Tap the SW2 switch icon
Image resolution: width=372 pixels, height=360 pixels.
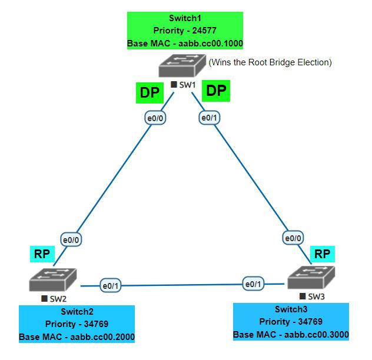[x=53, y=280]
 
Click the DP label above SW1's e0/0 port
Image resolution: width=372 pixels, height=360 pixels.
[x=149, y=92]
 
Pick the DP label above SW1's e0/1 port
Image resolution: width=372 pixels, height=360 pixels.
[x=215, y=91]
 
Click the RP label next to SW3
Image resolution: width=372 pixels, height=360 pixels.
[x=322, y=254]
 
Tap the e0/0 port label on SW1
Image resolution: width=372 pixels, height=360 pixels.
[x=155, y=118]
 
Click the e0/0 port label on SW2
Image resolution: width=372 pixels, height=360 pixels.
[x=72, y=239]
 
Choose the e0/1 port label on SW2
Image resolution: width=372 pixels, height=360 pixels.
[x=110, y=286]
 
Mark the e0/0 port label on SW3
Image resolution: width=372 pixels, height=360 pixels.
[x=294, y=238]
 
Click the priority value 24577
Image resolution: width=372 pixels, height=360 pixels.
[x=201, y=31]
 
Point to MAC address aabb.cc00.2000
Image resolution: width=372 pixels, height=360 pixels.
[x=102, y=337]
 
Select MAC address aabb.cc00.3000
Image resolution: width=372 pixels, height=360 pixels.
[x=317, y=335]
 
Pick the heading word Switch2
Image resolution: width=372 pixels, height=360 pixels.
[x=77, y=312]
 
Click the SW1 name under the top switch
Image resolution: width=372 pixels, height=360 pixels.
[x=187, y=85]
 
